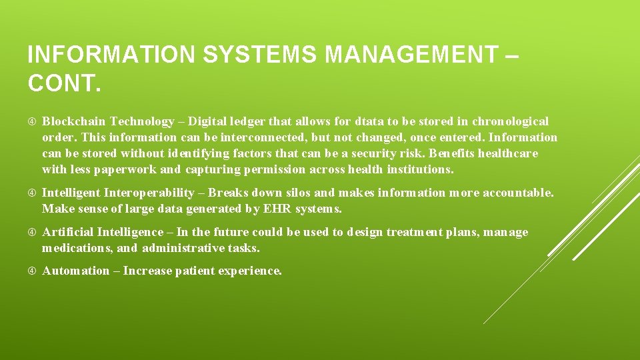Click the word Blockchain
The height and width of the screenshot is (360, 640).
pyautogui.click(x=74, y=121)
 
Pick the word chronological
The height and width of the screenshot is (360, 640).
pyautogui.click(x=511, y=121)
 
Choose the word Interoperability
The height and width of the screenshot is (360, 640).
pyautogui.click(x=153, y=193)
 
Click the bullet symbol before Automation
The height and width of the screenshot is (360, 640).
pyautogui.click(x=33, y=271)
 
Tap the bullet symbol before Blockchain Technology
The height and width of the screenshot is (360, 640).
pyautogui.click(x=33, y=121)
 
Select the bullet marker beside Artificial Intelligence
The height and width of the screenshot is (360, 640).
pyautogui.click(x=33, y=232)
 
